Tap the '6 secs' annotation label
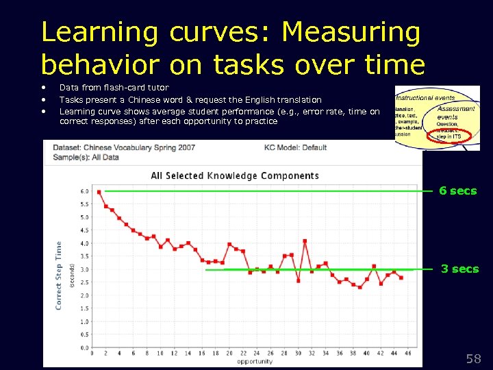coord(457,191)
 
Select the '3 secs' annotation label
coord(459,269)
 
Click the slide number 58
coord(473,358)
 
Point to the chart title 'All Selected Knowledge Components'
coord(234,175)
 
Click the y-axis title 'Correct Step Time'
coord(59,274)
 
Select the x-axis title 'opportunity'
coord(255,361)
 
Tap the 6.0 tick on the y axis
coord(84,191)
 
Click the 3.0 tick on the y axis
coord(84,269)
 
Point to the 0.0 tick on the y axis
coord(84,347)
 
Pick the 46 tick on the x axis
coord(408,354)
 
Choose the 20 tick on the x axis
coord(229,354)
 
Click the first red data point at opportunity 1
coord(99,192)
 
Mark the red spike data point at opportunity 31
coord(305,241)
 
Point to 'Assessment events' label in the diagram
coord(456,113)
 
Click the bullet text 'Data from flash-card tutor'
coord(114,88)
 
